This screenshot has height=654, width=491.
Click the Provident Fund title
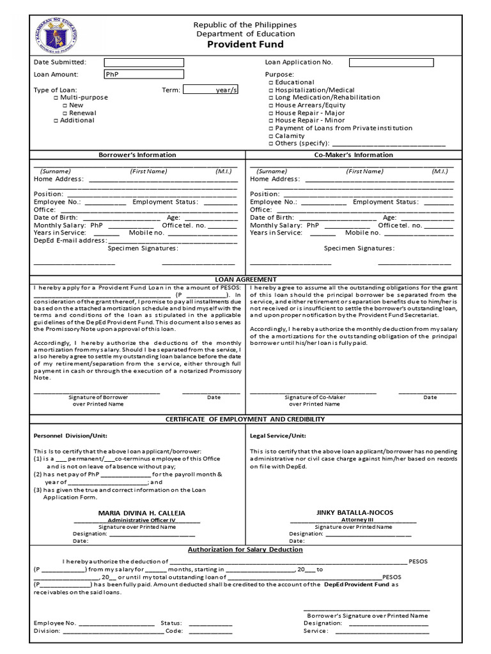(x=245, y=44)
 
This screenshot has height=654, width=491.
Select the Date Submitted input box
(x=144, y=63)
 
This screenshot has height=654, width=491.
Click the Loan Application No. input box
(x=391, y=63)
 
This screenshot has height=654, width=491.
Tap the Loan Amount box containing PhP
(x=144, y=74)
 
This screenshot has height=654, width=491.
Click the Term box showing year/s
(x=210, y=90)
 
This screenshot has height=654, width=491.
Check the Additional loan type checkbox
(x=56, y=121)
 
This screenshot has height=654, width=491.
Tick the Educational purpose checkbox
(x=271, y=82)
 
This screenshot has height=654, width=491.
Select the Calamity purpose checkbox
(x=271, y=136)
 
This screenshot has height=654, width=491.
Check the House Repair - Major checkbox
(x=271, y=113)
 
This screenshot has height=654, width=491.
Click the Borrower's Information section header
(x=137, y=155)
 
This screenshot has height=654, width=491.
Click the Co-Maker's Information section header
(x=354, y=155)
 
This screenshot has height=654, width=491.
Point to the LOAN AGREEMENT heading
(x=245, y=279)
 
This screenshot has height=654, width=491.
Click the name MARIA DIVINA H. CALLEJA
(x=141, y=513)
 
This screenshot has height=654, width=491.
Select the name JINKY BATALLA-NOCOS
(x=355, y=512)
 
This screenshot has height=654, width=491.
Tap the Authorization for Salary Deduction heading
(x=245, y=549)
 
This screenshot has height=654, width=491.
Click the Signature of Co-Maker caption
(x=315, y=397)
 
